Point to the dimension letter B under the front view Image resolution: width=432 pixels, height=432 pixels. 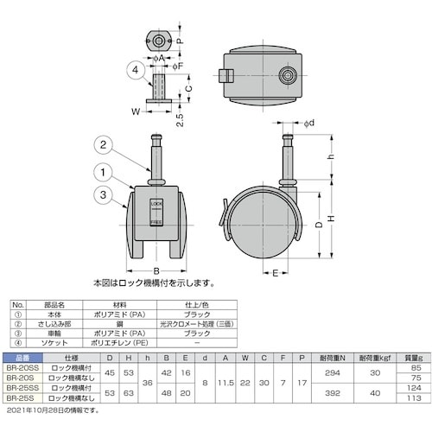(x=156, y=267)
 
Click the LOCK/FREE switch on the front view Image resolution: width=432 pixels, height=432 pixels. (x=156, y=213)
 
